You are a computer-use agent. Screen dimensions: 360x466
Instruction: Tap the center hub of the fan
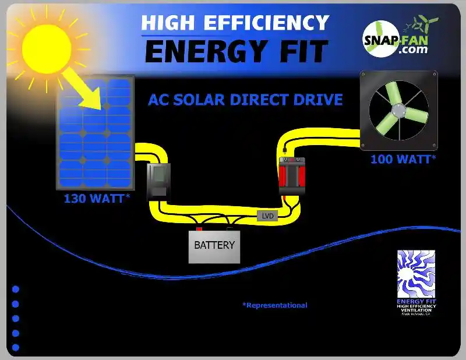point(398,109)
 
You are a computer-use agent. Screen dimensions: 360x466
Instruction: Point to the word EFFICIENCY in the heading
point(269,23)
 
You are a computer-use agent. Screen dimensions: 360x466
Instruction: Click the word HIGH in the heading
point(169,23)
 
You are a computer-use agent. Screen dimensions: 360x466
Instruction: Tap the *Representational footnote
point(275,305)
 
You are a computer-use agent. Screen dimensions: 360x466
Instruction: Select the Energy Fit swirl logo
point(416,274)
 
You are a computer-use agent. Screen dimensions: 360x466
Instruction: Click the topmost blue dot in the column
point(16,289)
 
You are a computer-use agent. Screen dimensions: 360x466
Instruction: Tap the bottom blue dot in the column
point(16,348)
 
